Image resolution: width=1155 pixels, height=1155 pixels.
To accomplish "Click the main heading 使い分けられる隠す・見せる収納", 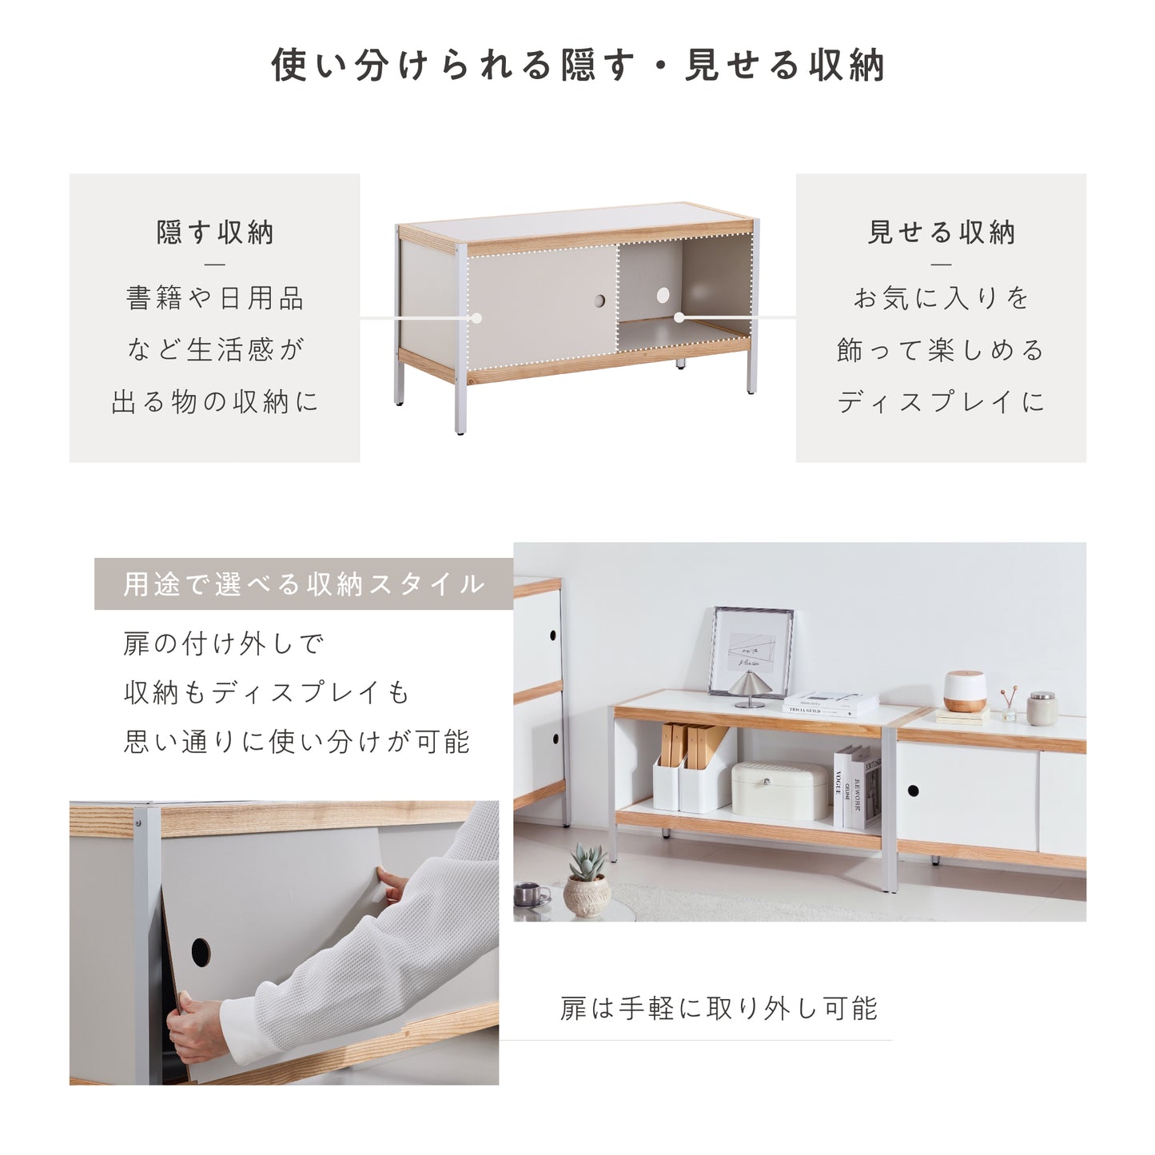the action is pyautogui.click(x=578, y=66).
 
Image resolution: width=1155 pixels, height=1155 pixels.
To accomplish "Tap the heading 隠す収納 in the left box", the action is pyautogui.click(x=215, y=233).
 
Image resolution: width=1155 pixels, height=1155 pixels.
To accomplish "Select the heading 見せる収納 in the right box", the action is pyautogui.click(x=942, y=233).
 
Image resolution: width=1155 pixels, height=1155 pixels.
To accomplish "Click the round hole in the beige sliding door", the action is pyautogui.click(x=599, y=301).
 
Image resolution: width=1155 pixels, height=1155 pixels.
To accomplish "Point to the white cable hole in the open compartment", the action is pyautogui.click(x=663, y=295).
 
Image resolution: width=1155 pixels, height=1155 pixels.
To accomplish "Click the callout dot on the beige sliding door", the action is pyautogui.click(x=476, y=317).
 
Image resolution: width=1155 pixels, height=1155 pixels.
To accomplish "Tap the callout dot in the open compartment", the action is pyautogui.click(x=679, y=317).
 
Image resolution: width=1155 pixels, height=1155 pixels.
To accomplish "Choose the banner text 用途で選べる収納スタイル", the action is pyautogui.click(x=304, y=583).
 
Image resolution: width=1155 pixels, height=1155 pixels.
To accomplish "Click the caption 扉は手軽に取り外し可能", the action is pyautogui.click(x=719, y=1008).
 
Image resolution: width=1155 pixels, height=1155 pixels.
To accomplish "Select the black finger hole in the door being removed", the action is pyautogui.click(x=201, y=951).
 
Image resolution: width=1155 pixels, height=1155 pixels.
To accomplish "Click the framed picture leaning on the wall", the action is pyautogui.click(x=751, y=652).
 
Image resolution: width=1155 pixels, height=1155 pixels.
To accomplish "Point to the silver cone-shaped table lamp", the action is pyautogui.click(x=750, y=689).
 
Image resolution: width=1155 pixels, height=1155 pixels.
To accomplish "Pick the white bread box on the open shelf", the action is pyautogui.click(x=780, y=790).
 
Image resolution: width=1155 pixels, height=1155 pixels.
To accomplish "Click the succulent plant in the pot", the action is pyautogui.click(x=587, y=862).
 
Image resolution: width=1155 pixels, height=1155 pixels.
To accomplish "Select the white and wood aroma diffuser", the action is pyautogui.click(x=965, y=692).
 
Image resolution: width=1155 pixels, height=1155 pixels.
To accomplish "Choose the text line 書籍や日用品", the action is pyautogui.click(x=215, y=298).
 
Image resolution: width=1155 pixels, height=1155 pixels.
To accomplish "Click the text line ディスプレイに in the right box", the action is pyautogui.click(x=941, y=401).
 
